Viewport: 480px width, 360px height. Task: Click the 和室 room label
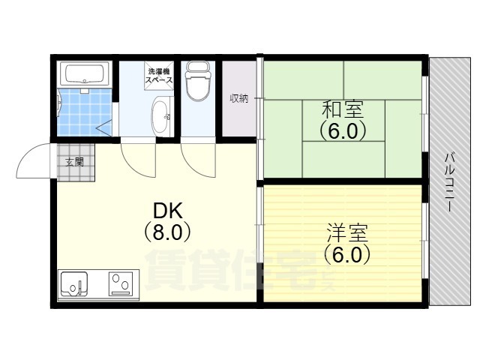tap(343, 110)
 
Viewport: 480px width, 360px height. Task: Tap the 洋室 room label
tap(347, 233)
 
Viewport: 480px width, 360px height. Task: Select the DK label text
tap(167, 210)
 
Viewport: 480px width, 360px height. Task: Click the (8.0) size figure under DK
tap(167, 232)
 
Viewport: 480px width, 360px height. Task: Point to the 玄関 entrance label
tap(75, 162)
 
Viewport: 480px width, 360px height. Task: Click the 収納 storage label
tap(239, 98)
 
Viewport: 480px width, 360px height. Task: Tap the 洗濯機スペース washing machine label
tap(159, 76)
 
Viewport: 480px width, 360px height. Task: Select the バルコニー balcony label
tap(448, 182)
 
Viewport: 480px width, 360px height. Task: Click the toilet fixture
tap(198, 81)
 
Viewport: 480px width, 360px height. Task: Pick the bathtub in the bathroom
tap(85, 73)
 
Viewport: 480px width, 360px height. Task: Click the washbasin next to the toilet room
tap(161, 116)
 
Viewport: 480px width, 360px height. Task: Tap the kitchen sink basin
tap(74, 283)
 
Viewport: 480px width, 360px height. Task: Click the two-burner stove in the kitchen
tap(121, 283)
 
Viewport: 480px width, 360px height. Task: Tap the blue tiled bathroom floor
tap(85, 112)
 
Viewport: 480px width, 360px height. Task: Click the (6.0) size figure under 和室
tap(343, 130)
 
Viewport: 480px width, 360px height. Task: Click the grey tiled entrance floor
tap(76, 162)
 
